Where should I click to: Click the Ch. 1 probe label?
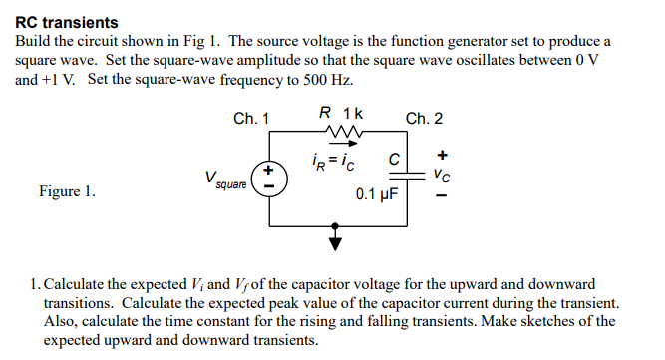tap(251, 119)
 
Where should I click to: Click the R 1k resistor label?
tap(340, 114)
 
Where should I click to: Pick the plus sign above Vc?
tap(443, 155)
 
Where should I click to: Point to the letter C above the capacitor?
tap(395, 158)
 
